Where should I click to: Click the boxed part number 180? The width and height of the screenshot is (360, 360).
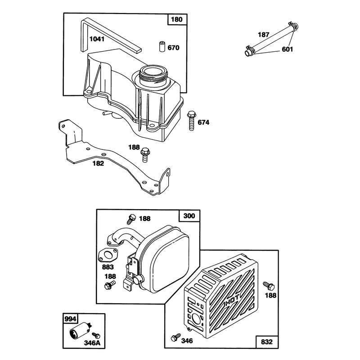(176, 19)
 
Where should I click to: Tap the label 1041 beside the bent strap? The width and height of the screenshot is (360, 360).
(97, 39)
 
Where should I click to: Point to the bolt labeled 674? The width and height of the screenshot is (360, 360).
(191, 121)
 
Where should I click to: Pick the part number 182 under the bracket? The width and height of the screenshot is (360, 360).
(98, 163)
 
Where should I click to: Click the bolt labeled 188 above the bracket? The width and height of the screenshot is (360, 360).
(145, 155)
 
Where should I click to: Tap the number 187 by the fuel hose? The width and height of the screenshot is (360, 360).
(263, 35)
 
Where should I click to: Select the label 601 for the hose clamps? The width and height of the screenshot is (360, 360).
(288, 49)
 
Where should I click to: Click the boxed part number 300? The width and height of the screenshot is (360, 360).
(189, 216)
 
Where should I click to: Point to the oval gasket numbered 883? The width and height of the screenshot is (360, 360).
(108, 256)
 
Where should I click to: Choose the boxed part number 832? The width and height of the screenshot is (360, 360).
(267, 342)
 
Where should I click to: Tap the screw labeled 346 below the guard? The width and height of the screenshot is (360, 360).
(176, 337)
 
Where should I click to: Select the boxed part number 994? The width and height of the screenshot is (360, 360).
(70, 319)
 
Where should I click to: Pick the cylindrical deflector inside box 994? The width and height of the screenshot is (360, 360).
(80, 329)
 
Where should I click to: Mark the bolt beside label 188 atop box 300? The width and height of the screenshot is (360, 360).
(131, 218)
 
